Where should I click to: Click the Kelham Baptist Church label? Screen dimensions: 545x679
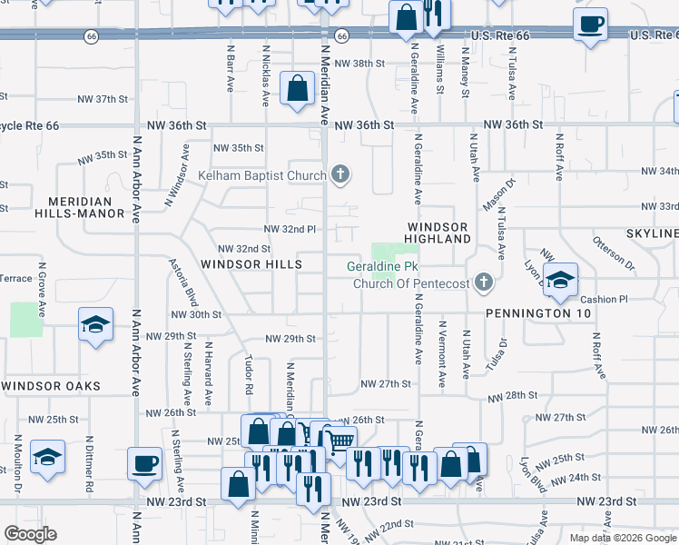coord(262,174)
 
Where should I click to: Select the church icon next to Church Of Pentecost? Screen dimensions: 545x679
coord(484,282)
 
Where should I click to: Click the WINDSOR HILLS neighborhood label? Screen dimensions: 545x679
coord(251,264)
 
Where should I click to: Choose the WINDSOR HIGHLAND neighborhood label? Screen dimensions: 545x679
coord(438,233)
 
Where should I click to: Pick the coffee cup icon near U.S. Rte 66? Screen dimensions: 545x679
coord(590,25)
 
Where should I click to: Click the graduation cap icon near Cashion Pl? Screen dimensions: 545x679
coord(560,278)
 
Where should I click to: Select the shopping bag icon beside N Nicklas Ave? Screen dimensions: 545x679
coord(297,88)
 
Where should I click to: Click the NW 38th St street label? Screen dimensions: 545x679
coord(360,64)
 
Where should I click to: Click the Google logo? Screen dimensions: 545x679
coord(30,534)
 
